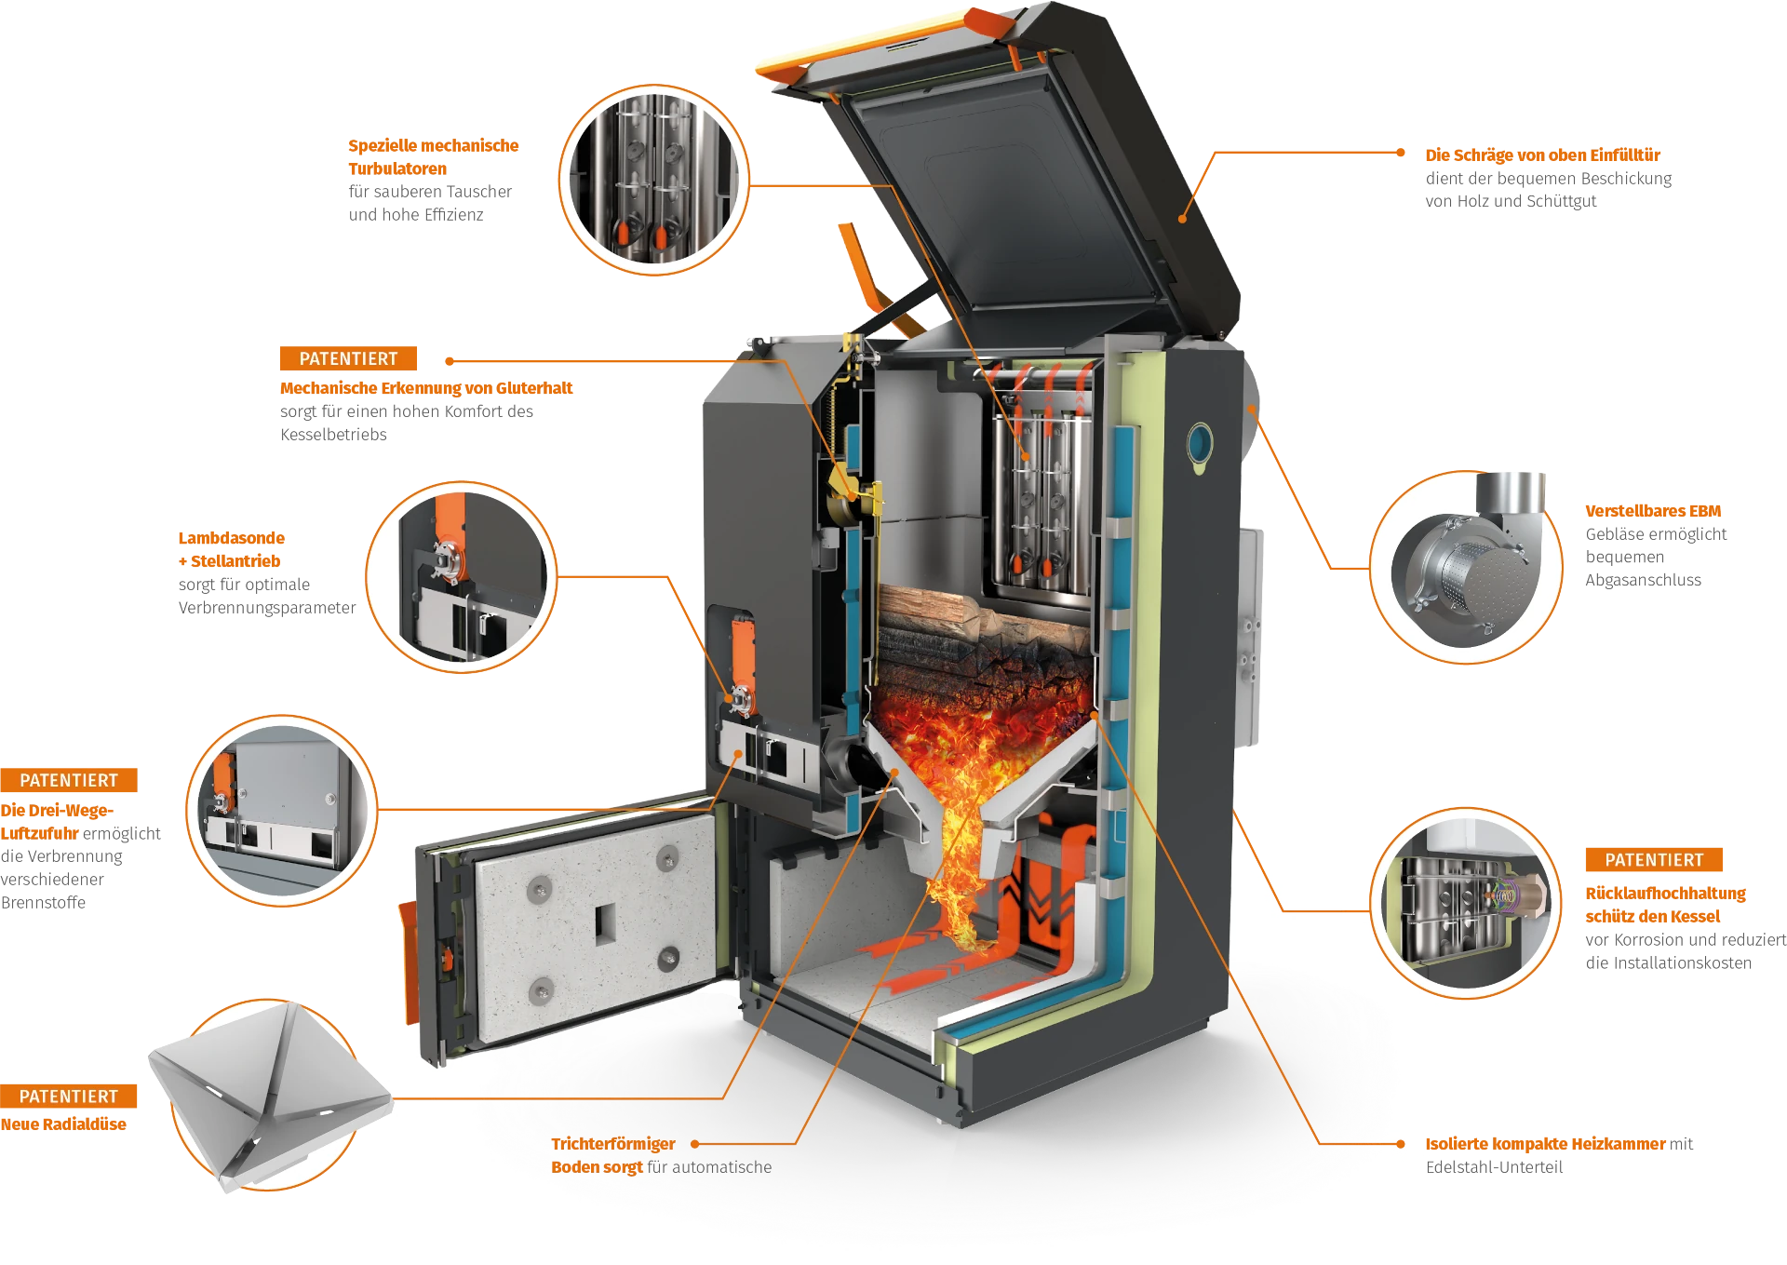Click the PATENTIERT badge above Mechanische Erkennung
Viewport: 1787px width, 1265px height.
348,358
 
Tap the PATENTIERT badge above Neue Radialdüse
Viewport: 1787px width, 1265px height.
69,1096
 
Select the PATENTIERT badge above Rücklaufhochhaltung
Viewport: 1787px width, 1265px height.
1654,860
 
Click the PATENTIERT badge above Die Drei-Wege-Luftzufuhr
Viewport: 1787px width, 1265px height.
69,780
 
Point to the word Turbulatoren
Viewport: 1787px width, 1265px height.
397,168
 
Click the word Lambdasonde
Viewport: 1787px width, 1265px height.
232,538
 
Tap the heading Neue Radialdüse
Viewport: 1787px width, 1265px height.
63,1124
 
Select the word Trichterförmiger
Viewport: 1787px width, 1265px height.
613,1144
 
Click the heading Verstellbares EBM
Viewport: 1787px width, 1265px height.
1653,511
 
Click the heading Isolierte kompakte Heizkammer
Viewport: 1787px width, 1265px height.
1546,1144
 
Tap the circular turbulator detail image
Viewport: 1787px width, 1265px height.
653,180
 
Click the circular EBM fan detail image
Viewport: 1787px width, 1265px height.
1466,567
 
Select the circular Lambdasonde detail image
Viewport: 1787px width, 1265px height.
462,577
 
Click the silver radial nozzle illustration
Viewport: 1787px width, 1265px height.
270,1095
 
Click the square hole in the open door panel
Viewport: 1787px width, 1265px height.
605,923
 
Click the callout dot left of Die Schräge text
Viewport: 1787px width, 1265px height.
1401,153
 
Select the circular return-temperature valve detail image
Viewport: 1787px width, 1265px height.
1466,904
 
